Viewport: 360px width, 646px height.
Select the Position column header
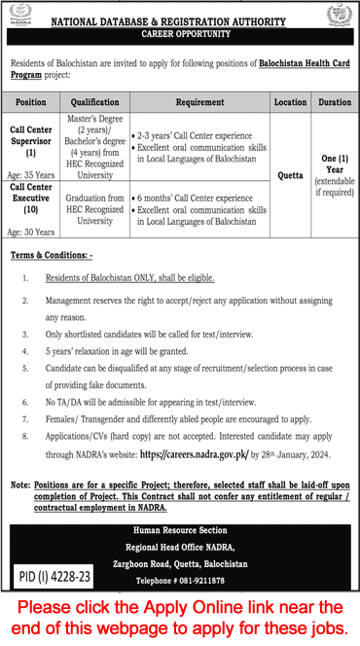(31, 101)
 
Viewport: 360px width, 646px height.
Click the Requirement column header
(200, 101)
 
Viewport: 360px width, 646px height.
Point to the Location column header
(290, 101)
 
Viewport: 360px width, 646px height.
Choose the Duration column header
(334, 101)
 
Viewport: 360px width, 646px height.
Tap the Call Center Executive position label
(32, 198)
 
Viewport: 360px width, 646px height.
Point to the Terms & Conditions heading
(51, 254)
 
